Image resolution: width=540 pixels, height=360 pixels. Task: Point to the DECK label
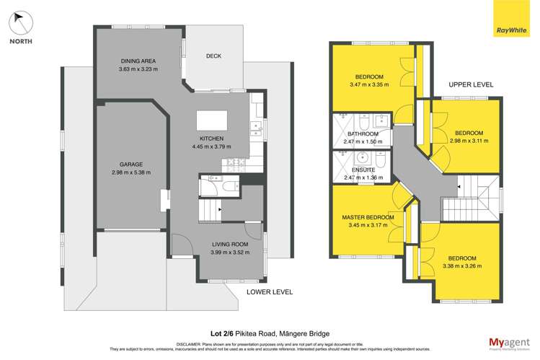(x=213, y=56)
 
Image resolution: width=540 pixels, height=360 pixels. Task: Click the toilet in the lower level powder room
(x=229, y=187)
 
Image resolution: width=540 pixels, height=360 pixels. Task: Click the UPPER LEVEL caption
(x=471, y=84)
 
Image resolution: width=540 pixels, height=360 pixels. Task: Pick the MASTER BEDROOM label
(x=368, y=217)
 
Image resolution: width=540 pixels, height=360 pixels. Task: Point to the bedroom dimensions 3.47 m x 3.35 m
(x=368, y=84)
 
